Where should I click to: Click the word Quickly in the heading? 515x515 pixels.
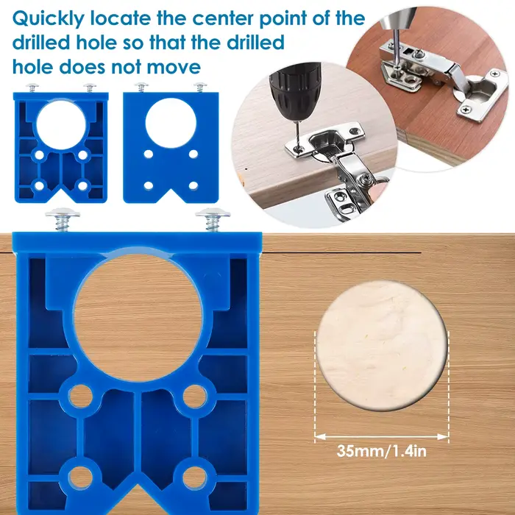[x=49, y=19]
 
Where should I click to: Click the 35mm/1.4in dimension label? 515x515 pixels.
[x=381, y=451]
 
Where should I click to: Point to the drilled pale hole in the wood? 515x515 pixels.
[x=382, y=346]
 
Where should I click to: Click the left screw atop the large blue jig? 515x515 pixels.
[x=63, y=219]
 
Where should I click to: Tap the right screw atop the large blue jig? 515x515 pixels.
[x=213, y=219]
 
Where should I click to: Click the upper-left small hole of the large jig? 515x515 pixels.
[x=80, y=396]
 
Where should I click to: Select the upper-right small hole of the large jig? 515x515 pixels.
[x=195, y=396]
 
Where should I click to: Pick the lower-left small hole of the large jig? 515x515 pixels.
[x=80, y=477]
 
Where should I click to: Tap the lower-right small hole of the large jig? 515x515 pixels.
[x=195, y=477]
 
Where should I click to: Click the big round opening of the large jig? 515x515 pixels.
[x=138, y=317]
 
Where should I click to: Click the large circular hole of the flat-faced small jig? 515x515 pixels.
[x=171, y=123]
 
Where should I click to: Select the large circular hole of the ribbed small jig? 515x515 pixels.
[x=61, y=125]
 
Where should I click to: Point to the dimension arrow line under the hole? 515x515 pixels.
[x=382, y=437]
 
